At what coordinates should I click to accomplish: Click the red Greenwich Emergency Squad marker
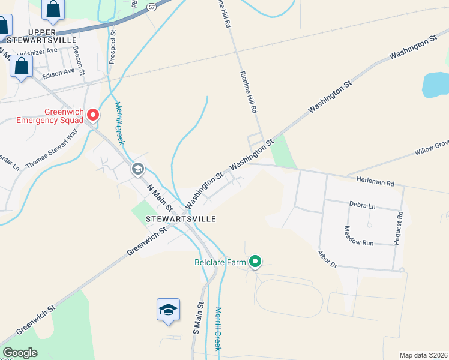tap(93, 114)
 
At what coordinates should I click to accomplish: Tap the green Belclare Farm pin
tap(256, 261)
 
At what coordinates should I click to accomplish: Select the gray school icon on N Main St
tap(138, 169)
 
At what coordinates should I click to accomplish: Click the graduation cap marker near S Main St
tap(169, 310)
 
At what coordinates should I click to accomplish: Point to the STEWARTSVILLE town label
tap(181, 219)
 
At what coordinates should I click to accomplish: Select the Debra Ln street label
tap(362, 205)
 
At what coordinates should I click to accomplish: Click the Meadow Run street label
tap(359, 235)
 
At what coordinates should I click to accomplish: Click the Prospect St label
tap(112, 44)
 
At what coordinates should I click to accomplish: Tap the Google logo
tap(20, 353)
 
